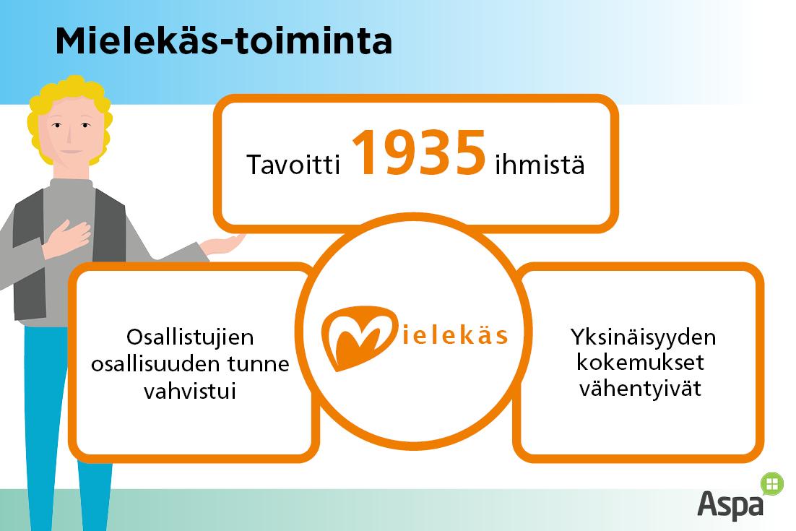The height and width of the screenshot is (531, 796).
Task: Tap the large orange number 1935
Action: (x=419, y=153)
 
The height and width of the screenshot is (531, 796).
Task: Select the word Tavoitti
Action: (x=293, y=165)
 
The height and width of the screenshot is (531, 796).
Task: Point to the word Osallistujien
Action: (x=190, y=337)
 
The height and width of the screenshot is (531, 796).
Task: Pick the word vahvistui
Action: (x=190, y=392)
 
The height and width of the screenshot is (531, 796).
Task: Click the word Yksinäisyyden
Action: (x=643, y=337)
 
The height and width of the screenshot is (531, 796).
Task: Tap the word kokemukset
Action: (x=640, y=363)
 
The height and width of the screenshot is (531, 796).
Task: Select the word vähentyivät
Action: (x=640, y=389)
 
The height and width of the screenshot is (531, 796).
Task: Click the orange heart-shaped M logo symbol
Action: (x=359, y=337)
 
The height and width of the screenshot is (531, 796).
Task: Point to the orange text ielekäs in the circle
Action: (x=455, y=335)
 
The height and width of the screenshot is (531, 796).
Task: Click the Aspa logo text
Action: (x=730, y=504)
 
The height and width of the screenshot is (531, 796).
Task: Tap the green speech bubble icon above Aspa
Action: (x=772, y=484)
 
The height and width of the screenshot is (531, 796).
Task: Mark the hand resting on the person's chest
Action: (x=66, y=238)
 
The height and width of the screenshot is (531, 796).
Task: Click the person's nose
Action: (x=70, y=134)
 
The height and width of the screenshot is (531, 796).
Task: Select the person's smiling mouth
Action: (x=72, y=152)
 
